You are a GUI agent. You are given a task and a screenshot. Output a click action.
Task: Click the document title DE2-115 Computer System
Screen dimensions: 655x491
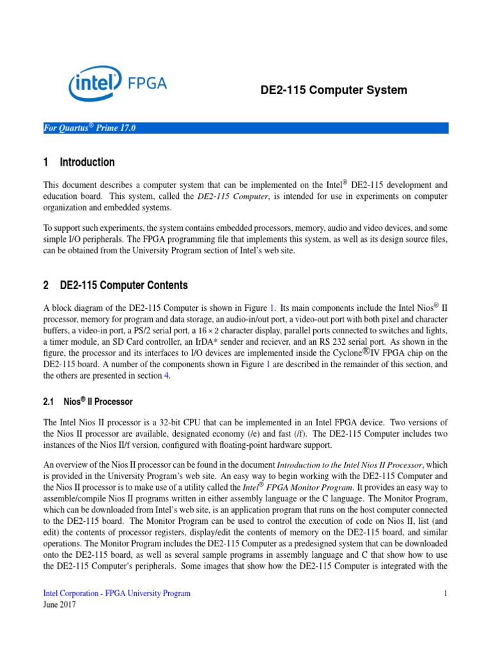(x=333, y=90)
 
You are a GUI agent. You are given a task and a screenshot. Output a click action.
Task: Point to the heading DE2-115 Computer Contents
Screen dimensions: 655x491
(x=123, y=285)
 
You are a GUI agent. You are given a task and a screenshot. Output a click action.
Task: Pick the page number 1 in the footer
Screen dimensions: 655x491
(x=446, y=594)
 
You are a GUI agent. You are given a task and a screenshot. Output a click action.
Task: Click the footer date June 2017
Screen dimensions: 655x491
(x=59, y=605)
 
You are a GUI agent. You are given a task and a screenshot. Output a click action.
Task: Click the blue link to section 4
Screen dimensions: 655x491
(x=167, y=375)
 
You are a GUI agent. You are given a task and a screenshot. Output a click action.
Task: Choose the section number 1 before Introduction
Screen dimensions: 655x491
(x=45, y=162)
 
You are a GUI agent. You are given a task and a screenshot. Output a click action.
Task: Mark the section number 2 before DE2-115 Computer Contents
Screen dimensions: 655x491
(x=45, y=285)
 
